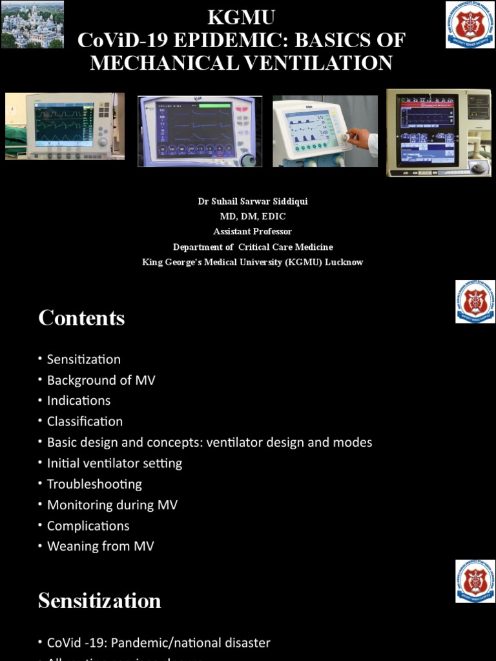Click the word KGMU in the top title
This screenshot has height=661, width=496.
(x=241, y=17)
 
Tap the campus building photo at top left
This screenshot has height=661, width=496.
(x=32, y=24)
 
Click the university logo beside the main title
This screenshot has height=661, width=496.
(x=470, y=25)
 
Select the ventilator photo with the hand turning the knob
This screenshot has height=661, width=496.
(x=325, y=132)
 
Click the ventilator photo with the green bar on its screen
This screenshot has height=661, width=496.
(x=200, y=131)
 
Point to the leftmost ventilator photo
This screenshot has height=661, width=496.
(x=65, y=126)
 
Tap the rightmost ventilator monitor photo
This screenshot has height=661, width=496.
(x=439, y=132)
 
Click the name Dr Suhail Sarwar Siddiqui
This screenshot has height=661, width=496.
(x=253, y=201)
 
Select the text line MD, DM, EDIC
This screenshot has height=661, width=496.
(x=253, y=216)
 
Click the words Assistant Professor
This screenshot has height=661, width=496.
(x=253, y=231)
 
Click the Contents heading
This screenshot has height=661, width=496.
(x=81, y=318)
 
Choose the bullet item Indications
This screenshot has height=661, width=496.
(x=79, y=400)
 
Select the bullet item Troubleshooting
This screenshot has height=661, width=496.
(x=94, y=483)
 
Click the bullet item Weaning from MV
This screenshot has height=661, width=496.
(x=101, y=546)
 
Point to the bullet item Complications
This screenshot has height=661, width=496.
(x=88, y=525)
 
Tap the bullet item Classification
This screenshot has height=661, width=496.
(x=85, y=421)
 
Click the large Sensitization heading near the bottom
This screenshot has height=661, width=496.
(x=99, y=601)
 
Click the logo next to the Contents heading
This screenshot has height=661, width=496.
(x=475, y=301)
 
